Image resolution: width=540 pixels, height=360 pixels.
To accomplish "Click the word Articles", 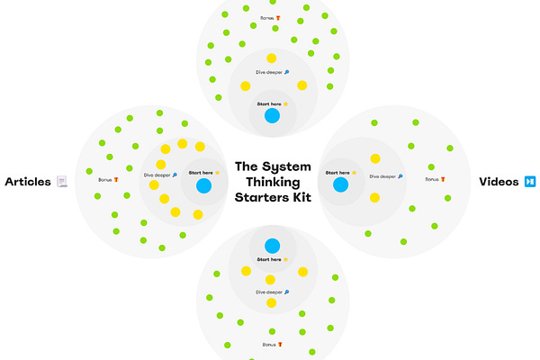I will (28, 182).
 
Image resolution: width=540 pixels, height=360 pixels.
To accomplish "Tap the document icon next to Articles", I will (62, 182).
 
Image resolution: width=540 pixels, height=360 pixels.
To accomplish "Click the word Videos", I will (498, 182).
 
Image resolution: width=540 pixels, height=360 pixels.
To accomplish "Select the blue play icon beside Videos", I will (531, 182).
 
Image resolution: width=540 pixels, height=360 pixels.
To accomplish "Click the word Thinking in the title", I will (273, 182).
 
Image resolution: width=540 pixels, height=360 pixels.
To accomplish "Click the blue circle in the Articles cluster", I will (203, 186).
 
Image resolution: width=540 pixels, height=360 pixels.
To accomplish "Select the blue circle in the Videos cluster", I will (340, 185).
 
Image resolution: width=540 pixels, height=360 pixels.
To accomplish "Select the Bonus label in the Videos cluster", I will (435, 179).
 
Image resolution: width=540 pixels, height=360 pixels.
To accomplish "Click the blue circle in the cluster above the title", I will (272, 116).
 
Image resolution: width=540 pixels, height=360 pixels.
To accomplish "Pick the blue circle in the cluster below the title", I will (272, 246).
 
